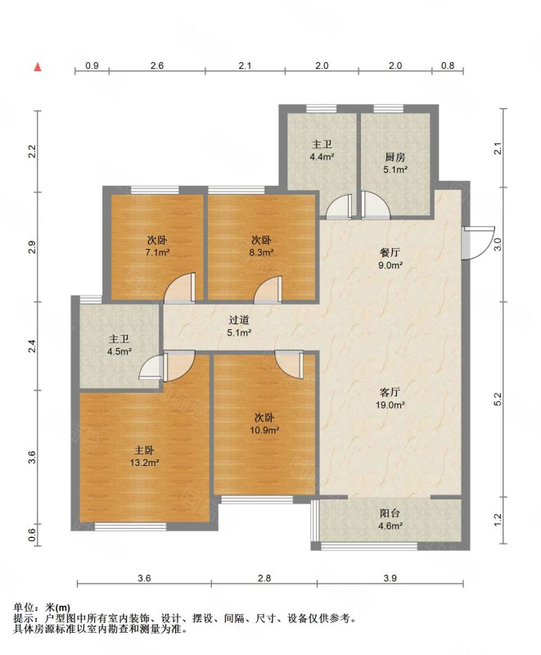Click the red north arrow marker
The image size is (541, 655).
tap(38, 66)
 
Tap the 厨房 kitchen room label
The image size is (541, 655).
tap(394, 157)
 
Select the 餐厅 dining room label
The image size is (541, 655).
tap(390, 252)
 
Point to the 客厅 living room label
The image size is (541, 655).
tap(390, 392)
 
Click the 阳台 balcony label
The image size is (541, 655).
tap(390, 513)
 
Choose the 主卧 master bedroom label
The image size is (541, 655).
tap(144, 450)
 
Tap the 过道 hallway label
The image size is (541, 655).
tap(239, 320)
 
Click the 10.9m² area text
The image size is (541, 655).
tap(264, 430)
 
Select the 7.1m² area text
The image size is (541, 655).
tap(157, 252)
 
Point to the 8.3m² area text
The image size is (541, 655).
tap(261, 252)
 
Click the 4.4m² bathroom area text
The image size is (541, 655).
tap(322, 157)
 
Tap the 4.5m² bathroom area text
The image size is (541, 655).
tap(119, 351)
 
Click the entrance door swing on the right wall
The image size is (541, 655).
tap(478, 243)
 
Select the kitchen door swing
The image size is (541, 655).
tap(375, 205)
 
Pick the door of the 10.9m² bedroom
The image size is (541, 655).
tap(289, 364)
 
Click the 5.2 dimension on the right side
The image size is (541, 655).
tap(497, 400)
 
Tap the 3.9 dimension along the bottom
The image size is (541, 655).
tap(390, 578)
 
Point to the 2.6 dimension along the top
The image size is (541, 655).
tap(157, 65)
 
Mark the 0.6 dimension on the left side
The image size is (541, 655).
tap(32, 535)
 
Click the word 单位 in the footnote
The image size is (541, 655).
tap(23, 608)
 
